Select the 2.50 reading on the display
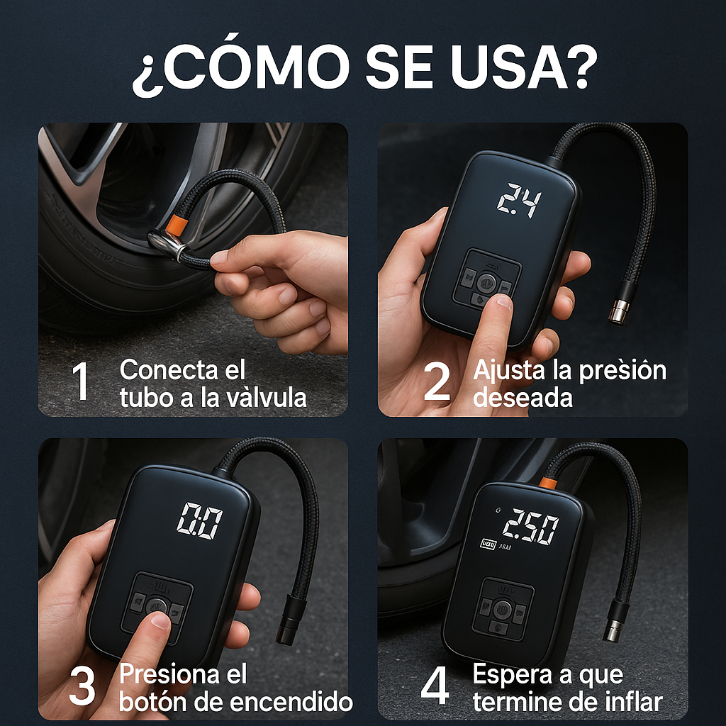coord(530,529)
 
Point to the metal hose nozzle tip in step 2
coord(619,311)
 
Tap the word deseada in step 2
coord(523,397)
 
